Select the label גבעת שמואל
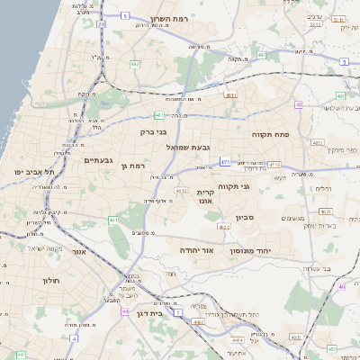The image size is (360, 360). click(x=186, y=146)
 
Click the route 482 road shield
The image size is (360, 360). click(x=135, y=64)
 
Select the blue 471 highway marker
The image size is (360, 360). click(x=224, y=163)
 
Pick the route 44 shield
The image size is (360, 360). click(x=123, y=310)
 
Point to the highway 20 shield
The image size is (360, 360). click(x=101, y=25)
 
